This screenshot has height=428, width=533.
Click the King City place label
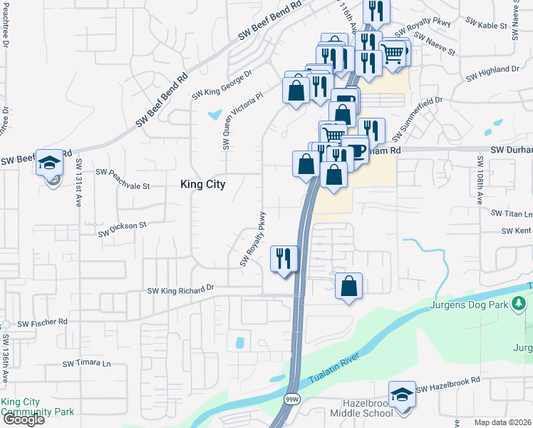coord(202,184)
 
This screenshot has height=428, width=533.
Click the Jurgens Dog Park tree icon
coord(519,305)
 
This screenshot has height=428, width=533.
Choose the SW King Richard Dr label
coord(180,290)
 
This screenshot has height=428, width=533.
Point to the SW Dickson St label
coord(122,228)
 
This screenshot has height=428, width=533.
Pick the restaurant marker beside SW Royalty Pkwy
coord(284,258)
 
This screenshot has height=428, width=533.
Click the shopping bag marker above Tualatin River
coord(348,287)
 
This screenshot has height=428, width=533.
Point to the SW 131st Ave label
coord(79,183)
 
